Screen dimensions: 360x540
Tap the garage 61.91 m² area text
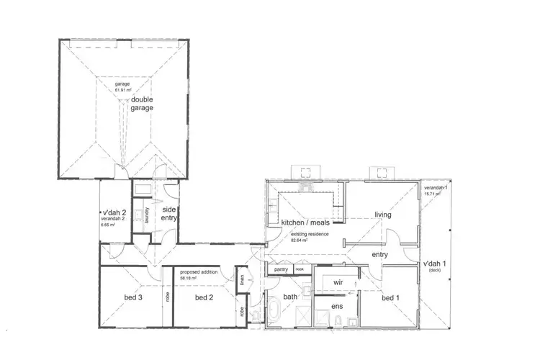click(122, 86)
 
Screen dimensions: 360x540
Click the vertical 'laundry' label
click(147, 215)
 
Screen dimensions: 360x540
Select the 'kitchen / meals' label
click(305, 222)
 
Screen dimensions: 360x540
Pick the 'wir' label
click(338, 282)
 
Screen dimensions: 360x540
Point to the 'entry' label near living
click(381, 254)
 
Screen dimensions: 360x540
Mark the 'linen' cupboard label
click(242, 277)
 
